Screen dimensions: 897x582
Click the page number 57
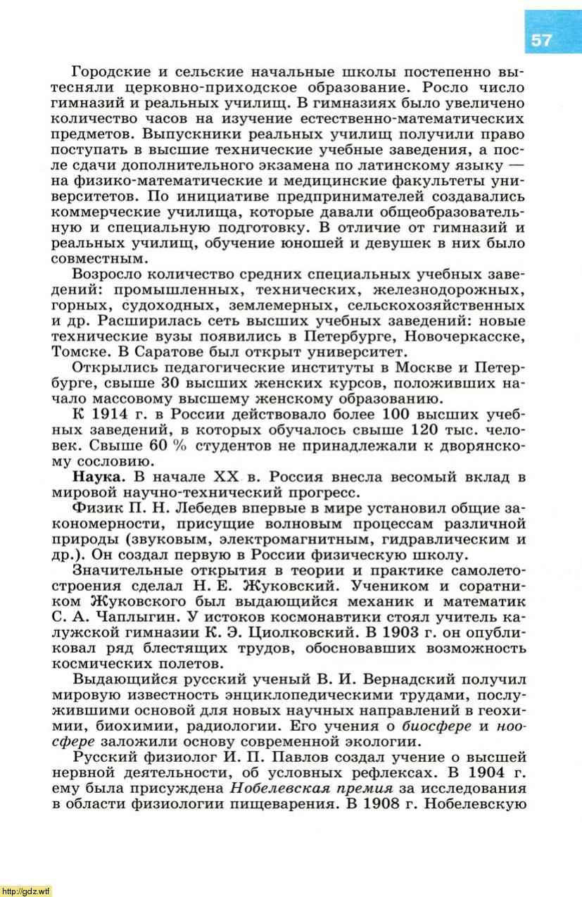(x=542, y=40)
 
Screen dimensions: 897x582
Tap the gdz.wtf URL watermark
(x=26, y=891)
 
